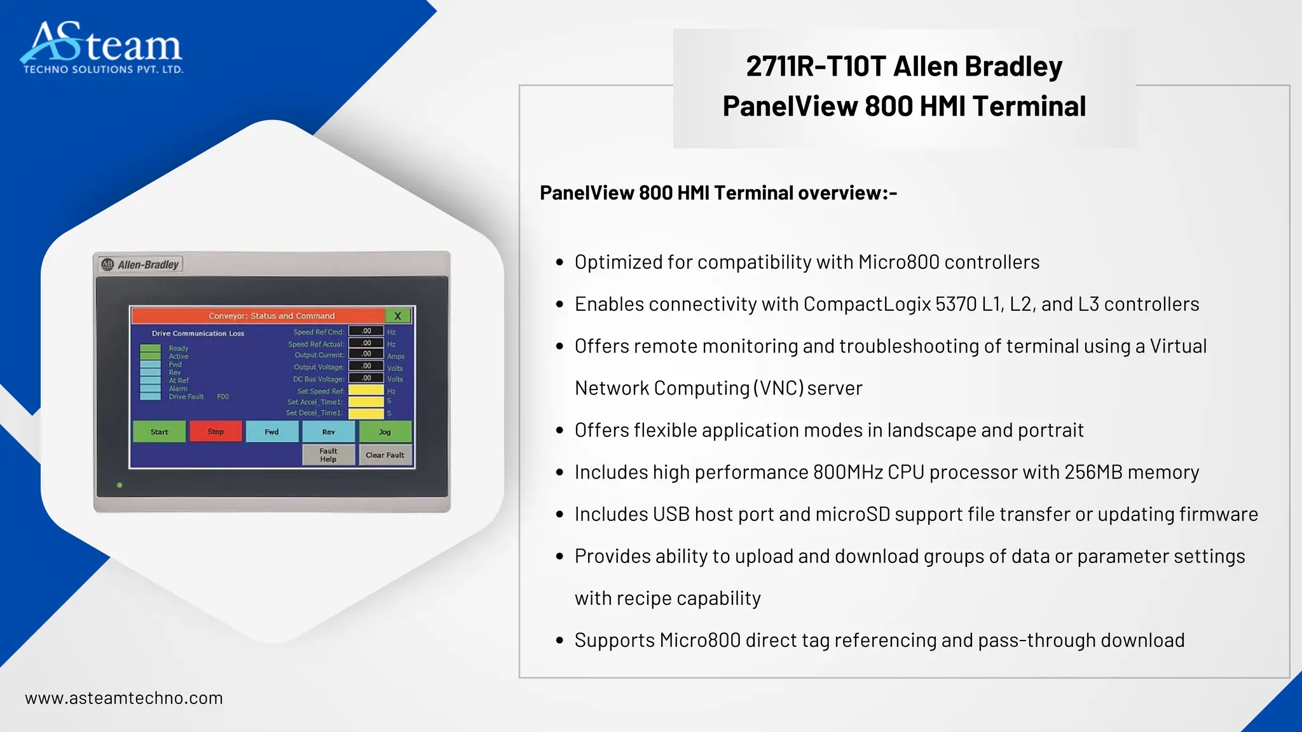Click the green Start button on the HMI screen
click(x=159, y=431)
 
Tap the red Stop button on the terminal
click(x=216, y=431)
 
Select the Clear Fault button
click(x=385, y=455)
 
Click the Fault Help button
click(x=328, y=455)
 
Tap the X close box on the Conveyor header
click(x=398, y=316)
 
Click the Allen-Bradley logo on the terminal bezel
click(x=140, y=264)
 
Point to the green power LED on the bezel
click(x=120, y=485)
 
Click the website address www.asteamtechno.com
click(x=124, y=698)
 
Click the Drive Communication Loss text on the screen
click(x=198, y=334)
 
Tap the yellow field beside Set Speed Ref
click(x=366, y=390)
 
